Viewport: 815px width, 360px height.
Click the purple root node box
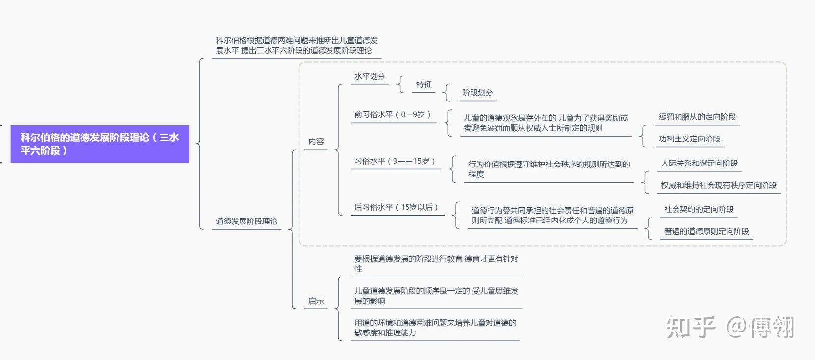pos(100,144)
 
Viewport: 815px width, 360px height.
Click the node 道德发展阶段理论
pos(246,222)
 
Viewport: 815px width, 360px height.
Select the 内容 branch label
pos(316,141)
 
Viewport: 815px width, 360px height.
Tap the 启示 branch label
pos(316,301)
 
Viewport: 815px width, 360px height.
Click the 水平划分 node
pos(370,77)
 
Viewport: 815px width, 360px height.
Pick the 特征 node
pos(424,84)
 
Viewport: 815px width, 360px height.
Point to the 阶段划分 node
pos(477,93)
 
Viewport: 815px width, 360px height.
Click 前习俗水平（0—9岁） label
pos(393,115)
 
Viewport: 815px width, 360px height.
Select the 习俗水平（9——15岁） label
pos(395,161)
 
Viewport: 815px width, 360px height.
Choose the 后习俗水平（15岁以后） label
pos(397,207)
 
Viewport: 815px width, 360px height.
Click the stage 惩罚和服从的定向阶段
pos(697,117)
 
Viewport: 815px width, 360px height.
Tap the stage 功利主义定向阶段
pos(689,139)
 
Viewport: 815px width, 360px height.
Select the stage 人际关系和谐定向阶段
pos(699,164)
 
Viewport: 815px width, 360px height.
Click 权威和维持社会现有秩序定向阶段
pos(719,185)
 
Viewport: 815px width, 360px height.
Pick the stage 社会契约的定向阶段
pos(699,209)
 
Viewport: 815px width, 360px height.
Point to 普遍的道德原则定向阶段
pos(706,231)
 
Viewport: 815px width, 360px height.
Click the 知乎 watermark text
pos(690,327)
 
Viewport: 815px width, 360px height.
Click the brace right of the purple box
pos(200,144)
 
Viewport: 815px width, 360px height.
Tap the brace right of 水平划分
pos(400,84)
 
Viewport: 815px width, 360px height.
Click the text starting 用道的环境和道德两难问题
pos(435,328)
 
